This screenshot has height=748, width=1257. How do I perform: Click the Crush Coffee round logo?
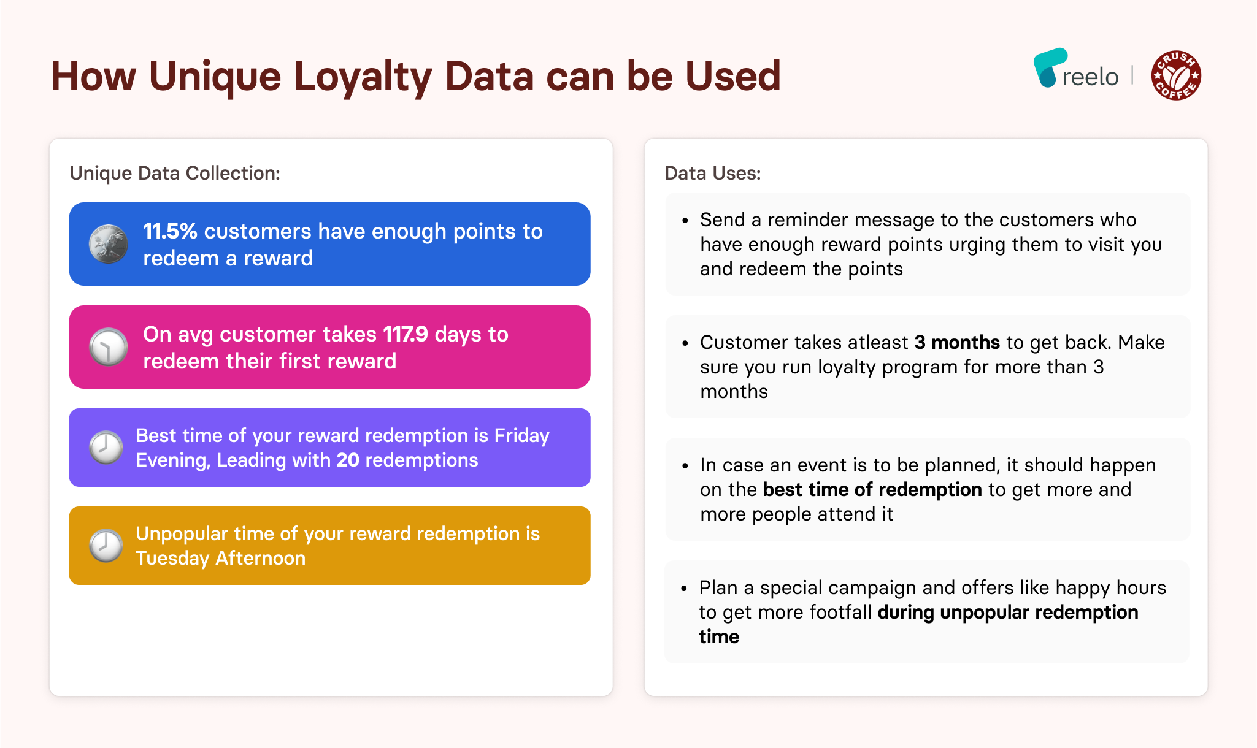coord(1176,75)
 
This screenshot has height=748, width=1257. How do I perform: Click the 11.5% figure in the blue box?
coord(170,231)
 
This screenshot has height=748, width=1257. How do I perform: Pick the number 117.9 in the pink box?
coord(405,334)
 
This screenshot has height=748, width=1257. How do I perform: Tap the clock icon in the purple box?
coord(106,447)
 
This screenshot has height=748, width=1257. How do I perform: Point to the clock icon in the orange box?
coord(106,545)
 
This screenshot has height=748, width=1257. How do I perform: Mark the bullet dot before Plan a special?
coord(684,588)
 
